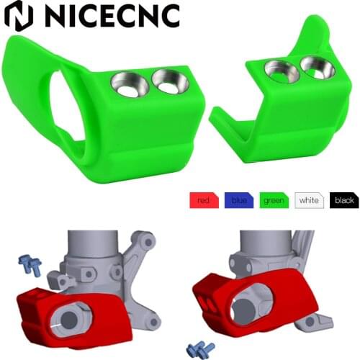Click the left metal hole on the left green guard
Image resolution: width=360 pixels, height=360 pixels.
point(127,84)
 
